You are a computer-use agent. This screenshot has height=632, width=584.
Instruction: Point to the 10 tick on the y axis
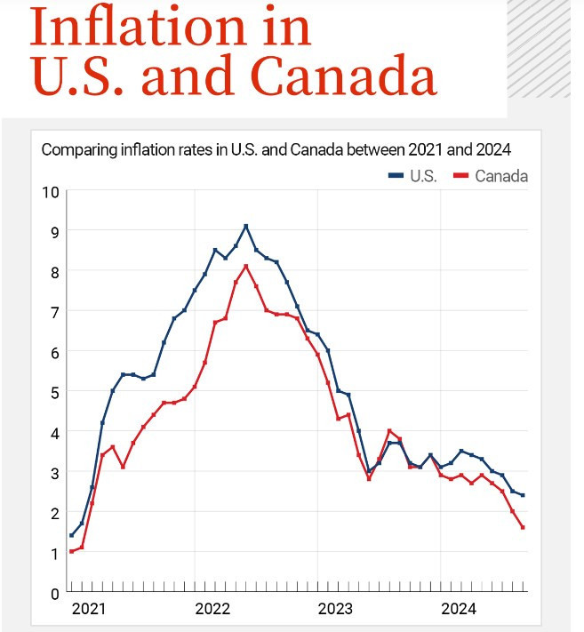click(51, 191)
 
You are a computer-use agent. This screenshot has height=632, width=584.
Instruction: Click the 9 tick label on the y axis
click(54, 231)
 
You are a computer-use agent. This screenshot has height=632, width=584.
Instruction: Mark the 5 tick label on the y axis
click(54, 392)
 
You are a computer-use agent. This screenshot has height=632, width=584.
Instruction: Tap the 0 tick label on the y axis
click(54, 593)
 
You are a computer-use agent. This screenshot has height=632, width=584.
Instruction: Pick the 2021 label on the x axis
click(88, 610)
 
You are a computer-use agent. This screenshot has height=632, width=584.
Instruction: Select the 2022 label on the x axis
click(212, 610)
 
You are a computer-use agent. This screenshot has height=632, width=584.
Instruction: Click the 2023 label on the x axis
click(335, 610)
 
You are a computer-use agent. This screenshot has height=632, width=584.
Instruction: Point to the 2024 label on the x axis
click(459, 610)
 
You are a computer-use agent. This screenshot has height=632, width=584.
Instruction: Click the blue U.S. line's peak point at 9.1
click(246, 226)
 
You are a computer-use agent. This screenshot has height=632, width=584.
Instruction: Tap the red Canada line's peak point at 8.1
click(246, 266)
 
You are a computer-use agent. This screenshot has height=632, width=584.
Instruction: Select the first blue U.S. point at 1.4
click(71, 535)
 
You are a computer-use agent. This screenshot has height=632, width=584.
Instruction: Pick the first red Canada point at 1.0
click(71, 551)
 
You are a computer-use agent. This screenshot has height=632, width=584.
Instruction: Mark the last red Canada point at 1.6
click(523, 527)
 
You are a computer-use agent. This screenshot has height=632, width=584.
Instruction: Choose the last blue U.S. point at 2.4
click(523, 495)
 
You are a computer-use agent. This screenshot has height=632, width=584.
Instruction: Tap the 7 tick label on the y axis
click(54, 311)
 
